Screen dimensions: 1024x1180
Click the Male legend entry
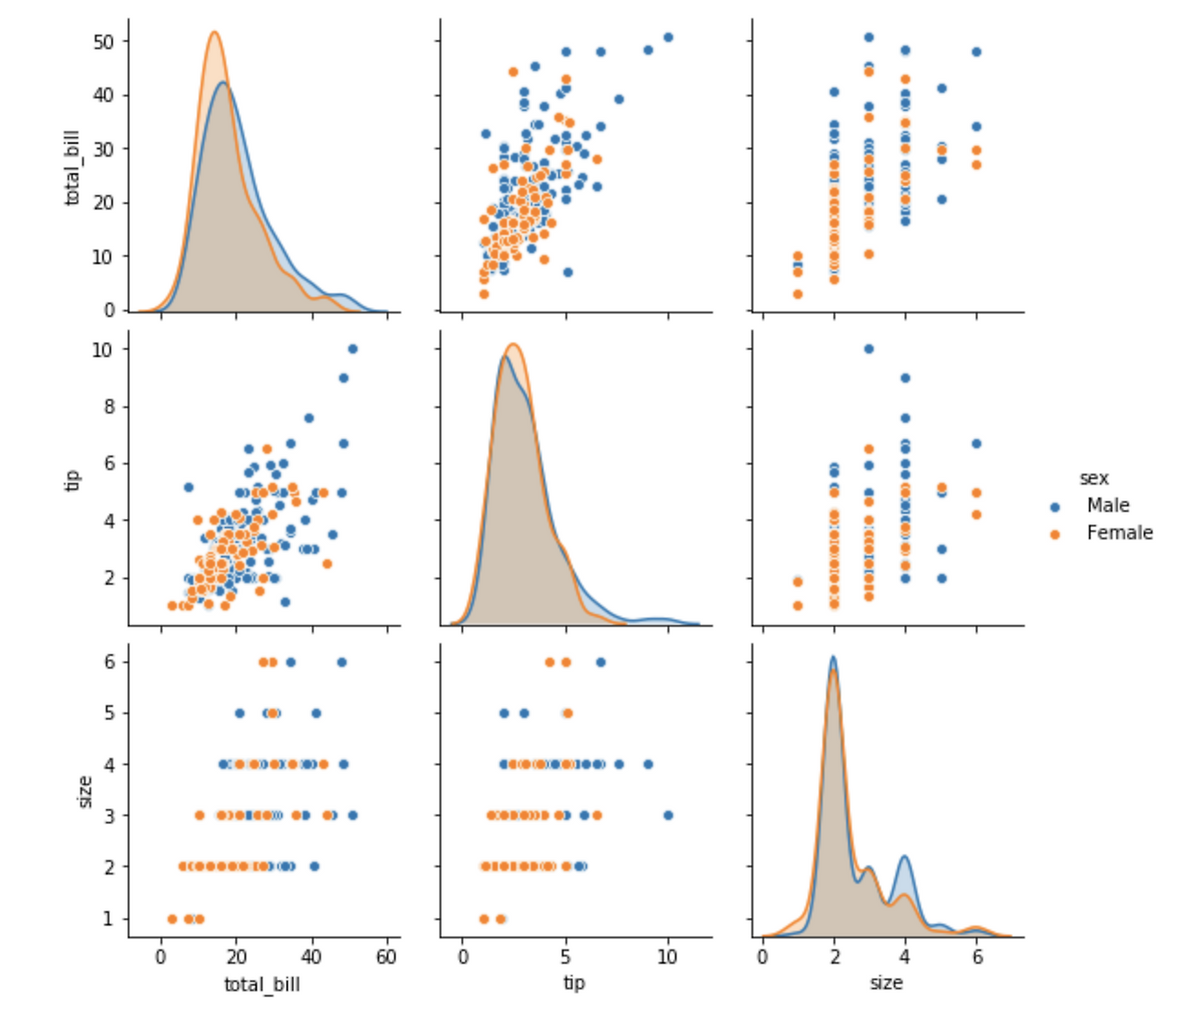1107,505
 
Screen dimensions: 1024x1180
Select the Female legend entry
1118,533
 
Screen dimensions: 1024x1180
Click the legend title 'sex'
1093,477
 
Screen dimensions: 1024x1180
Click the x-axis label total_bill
262,984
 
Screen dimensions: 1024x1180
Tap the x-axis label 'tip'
573,983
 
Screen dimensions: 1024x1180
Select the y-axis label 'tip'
72,479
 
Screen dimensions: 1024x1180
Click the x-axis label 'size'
885,983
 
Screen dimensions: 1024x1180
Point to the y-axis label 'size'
85,791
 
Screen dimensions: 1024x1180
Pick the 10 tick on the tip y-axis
102,349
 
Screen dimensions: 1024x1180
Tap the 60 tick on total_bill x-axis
386,957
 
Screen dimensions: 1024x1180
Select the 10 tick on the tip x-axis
667,957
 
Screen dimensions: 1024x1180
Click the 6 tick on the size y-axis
109,662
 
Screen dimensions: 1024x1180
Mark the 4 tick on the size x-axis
904,957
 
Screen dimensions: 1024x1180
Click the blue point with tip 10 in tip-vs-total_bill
352,349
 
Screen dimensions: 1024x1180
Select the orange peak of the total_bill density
214,32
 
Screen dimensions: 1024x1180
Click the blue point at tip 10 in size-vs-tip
668,815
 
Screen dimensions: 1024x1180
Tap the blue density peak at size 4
904,857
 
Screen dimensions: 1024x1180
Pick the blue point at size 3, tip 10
868,349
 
